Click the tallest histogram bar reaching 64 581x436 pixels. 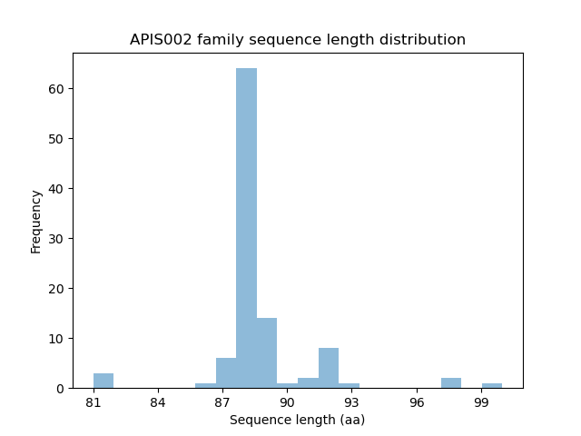pyautogui.click(x=246, y=227)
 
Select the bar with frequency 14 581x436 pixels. pyautogui.click(x=267, y=352)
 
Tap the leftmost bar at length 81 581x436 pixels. pyautogui.click(x=103, y=381)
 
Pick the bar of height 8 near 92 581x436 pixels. pyautogui.click(x=328, y=368)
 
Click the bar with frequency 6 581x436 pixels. pyautogui.click(x=226, y=373)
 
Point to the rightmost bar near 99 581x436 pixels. pyautogui.click(x=491, y=385)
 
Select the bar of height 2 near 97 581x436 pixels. pyautogui.click(x=450, y=383)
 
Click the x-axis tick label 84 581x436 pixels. pyautogui.click(x=158, y=402)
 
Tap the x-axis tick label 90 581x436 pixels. pyautogui.click(x=287, y=402)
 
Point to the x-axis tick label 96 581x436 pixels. pyautogui.click(x=417, y=402)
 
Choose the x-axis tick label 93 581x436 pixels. pyautogui.click(x=351, y=402)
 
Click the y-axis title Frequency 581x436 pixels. pyautogui.click(x=36, y=221)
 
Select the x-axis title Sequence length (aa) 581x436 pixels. pyautogui.click(x=297, y=420)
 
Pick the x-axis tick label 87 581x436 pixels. pyautogui.click(x=222, y=402)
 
